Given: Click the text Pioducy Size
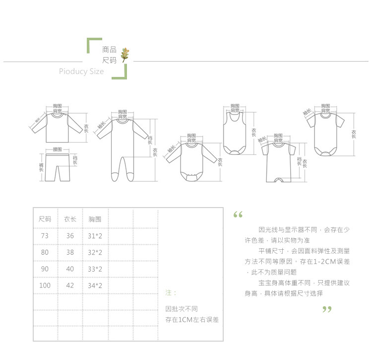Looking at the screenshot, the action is [81, 72].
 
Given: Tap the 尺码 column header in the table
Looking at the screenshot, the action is [45, 219].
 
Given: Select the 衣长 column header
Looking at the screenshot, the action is [70, 219].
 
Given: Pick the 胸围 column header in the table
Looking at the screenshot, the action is [95, 219].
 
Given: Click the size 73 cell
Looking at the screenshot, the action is [45, 236].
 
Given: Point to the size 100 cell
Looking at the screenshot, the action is [45, 286].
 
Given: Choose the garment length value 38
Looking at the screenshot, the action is [70, 252].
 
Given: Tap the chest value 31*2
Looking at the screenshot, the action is [95, 236].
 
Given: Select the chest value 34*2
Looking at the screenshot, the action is [95, 286].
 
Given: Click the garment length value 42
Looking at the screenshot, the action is [70, 286].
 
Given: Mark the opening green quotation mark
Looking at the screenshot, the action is [238, 215].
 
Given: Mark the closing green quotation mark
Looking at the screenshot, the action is [326, 310].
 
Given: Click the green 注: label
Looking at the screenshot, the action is [170, 293].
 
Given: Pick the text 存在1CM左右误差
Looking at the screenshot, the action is [192, 320].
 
